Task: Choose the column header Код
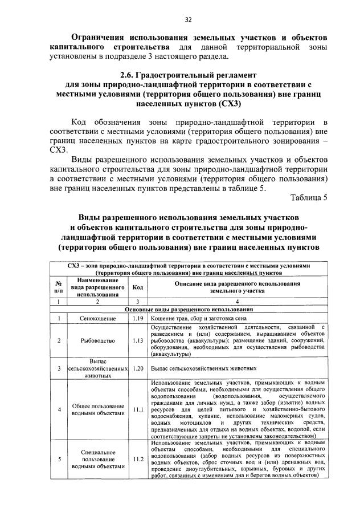(x=137, y=288)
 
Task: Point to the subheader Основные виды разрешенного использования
(x=189, y=309)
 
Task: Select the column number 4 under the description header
(x=237, y=302)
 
